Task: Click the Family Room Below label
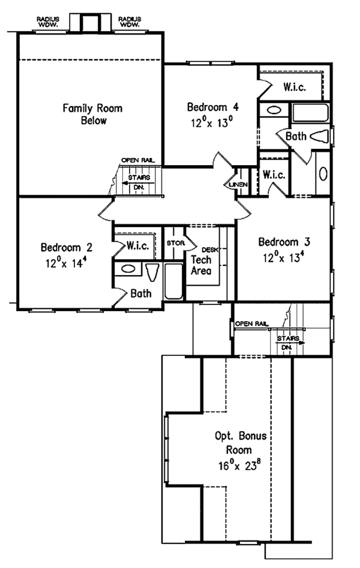click(93, 114)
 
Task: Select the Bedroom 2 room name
click(67, 247)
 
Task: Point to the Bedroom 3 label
click(284, 243)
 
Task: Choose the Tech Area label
click(200, 265)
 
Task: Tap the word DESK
click(208, 250)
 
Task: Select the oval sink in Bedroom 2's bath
click(128, 268)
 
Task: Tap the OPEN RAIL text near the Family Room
click(137, 160)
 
